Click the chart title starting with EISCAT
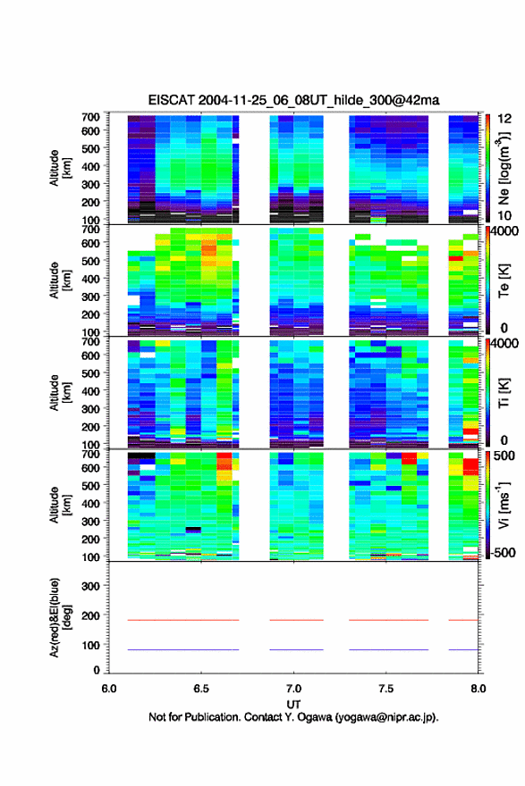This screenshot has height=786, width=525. [x=293, y=100]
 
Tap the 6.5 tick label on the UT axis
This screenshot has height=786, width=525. [x=201, y=689]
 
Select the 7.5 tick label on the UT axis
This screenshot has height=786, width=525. [x=386, y=689]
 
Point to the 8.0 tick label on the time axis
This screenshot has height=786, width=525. [x=478, y=689]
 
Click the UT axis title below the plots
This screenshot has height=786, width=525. [x=293, y=704]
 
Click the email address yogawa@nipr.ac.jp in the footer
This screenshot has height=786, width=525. [x=386, y=717]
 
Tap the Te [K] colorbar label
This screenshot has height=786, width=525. [x=504, y=280]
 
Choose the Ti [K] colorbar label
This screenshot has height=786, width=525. [x=504, y=392]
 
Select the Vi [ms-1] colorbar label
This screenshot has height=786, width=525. [x=504, y=505]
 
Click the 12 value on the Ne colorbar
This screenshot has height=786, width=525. [x=504, y=119]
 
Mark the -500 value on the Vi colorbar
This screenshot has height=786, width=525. [x=501, y=552]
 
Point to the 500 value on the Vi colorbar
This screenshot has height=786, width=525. [x=504, y=456]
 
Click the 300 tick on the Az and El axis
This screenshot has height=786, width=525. [x=91, y=586]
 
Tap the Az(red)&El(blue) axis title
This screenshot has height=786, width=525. [x=60, y=617]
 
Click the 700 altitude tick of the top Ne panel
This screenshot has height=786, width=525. [x=91, y=117]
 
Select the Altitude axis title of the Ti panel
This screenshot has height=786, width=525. [x=60, y=392]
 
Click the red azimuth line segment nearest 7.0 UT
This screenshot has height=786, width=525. [x=296, y=620]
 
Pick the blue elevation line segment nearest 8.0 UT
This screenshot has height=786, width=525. [x=463, y=649]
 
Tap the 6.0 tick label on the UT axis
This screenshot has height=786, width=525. [x=109, y=689]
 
